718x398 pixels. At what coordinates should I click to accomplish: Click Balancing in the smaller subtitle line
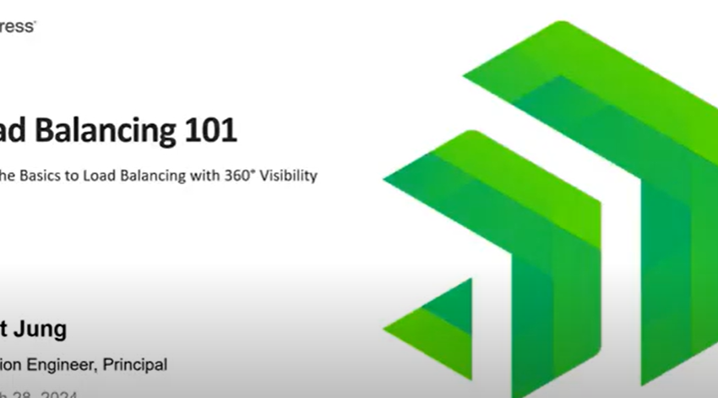tap(152, 176)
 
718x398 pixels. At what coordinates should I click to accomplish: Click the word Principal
tap(138, 365)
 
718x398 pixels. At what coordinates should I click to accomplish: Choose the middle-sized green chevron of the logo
tap(524, 220)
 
